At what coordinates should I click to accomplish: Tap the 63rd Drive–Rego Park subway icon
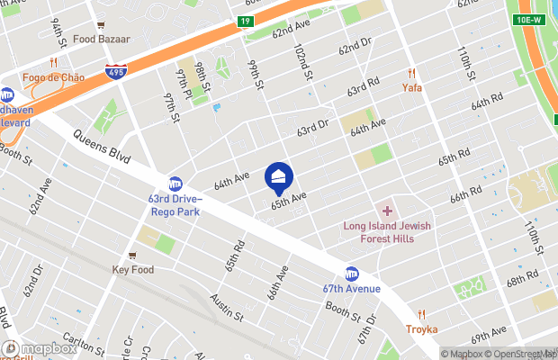176,184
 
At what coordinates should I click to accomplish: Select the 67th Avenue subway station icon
352,274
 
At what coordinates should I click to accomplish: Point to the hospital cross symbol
388,210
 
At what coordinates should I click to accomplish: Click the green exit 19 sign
245,20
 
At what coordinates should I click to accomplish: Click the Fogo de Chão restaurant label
54,77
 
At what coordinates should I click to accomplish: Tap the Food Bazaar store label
102,40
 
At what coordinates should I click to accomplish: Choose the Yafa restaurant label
411,88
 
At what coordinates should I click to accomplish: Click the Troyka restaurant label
421,329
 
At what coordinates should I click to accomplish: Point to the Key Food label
132,269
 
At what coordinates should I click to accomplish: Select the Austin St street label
227,307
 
